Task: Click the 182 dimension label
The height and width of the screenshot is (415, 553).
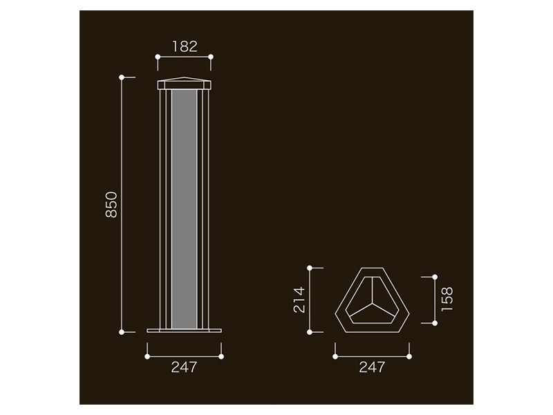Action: tap(185, 46)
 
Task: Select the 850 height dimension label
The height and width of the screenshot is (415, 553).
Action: tap(111, 205)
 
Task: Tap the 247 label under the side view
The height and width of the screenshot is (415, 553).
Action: tap(184, 367)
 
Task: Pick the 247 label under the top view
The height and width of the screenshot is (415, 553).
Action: tap(372, 367)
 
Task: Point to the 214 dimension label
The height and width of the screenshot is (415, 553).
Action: tap(299, 300)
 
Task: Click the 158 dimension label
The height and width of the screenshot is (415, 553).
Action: tap(447, 299)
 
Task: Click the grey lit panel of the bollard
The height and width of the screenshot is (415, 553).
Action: tap(184, 210)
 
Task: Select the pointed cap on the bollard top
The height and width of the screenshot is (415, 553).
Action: tap(184, 84)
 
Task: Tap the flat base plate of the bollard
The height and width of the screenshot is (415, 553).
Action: tap(184, 331)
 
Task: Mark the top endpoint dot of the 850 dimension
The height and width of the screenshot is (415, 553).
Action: tap(122, 77)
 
